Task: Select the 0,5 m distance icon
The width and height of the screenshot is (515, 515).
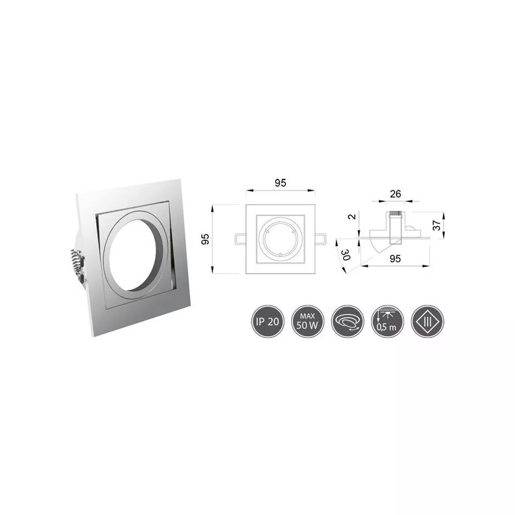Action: click(x=385, y=322)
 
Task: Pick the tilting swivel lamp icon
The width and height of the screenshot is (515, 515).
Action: click(x=346, y=322)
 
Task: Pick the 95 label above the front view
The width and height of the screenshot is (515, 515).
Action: click(x=281, y=183)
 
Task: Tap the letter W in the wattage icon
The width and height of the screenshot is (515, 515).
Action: click(x=314, y=327)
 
